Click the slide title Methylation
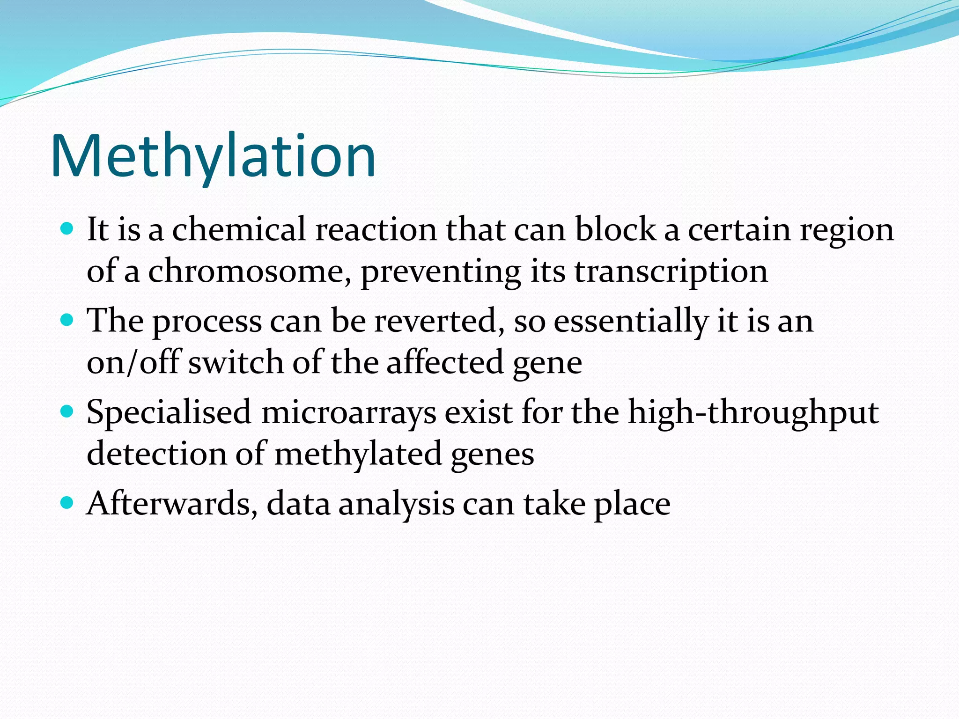point(213,156)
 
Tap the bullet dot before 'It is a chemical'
point(67,229)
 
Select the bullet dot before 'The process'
point(67,320)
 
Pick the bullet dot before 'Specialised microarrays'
point(67,411)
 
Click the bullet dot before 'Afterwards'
point(67,503)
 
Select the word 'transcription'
point(671,272)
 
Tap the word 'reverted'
point(439,321)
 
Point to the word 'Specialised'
point(169,413)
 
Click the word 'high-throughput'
point(753,413)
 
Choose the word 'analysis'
point(396,505)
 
